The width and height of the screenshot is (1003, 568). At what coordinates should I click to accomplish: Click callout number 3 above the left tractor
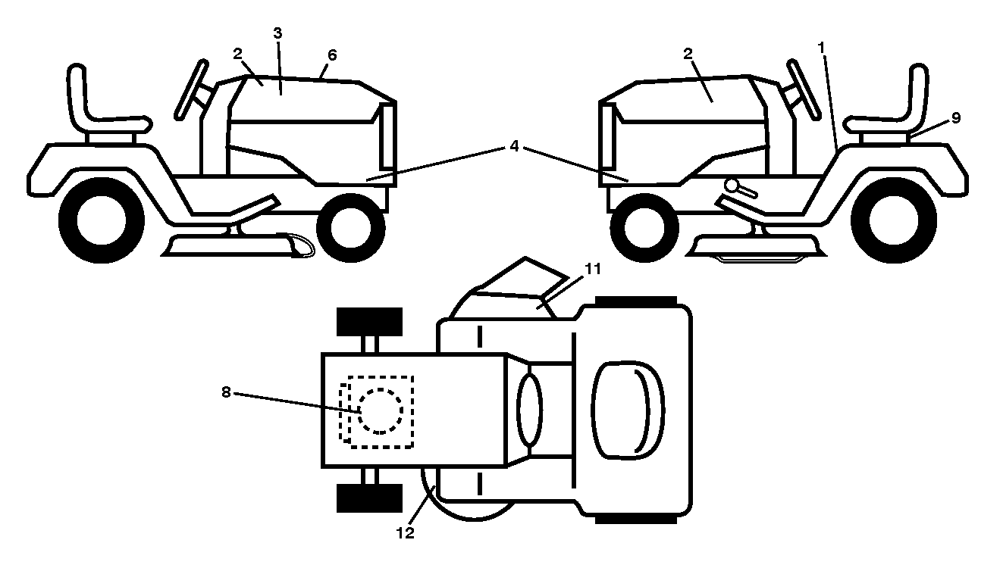tap(277, 33)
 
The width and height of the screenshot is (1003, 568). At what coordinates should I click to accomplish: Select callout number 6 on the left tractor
tap(332, 55)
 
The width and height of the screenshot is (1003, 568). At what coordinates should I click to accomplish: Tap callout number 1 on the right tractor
tap(821, 48)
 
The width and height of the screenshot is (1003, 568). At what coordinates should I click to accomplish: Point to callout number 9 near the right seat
tap(956, 118)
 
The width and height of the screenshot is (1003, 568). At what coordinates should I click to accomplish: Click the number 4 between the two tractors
tap(514, 146)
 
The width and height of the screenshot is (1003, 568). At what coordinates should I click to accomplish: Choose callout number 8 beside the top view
tap(226, 392)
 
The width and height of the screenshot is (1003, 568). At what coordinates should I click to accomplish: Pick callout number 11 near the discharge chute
tap(593, 269)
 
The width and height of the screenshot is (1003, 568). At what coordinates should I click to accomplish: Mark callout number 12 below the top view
tap(406, 533)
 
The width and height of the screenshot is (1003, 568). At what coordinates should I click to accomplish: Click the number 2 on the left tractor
tap(237, 54)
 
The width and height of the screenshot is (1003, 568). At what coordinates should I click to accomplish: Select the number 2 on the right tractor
tap(688, 54)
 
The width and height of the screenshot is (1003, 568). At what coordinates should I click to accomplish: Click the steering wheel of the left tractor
tap(191, 89)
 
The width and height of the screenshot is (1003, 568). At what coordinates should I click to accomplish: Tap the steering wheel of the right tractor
tap(804, 89)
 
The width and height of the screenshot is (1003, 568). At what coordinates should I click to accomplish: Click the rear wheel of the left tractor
tap(102, 220)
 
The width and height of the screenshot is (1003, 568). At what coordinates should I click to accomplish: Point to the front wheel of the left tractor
tap(350, 228)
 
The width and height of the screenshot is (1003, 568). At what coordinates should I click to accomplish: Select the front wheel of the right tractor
tap(644, 228)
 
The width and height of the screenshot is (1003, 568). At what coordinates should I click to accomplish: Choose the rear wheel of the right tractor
tap(894, 220)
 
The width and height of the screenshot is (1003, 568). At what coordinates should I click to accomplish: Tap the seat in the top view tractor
tap(628, 410)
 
